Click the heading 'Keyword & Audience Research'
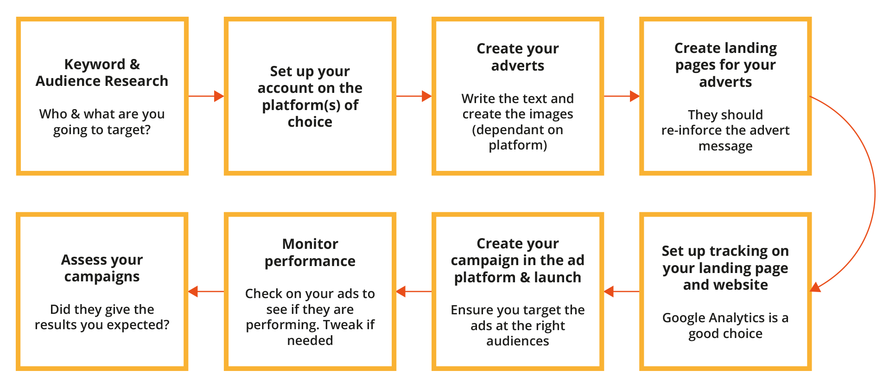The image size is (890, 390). point(102,72)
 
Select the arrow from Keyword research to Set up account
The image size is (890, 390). point(206,96)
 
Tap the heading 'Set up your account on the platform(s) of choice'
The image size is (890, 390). point(310,97)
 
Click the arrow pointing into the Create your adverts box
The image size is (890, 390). point(413,96)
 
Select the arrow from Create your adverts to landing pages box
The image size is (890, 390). point(621,96)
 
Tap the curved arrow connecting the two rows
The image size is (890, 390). point(875,194)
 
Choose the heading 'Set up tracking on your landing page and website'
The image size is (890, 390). point(725,268)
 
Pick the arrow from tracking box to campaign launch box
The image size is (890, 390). point(622,292)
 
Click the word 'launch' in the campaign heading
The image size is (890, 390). point(558,278)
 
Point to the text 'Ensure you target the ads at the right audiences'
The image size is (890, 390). point(518,325)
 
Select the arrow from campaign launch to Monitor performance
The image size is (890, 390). point(414,292)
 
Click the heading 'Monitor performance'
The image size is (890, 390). point(310,253)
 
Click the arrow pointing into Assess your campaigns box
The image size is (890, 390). point(206,292)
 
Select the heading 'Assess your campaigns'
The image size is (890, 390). point(102,268)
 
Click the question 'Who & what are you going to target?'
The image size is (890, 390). point(102,122)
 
